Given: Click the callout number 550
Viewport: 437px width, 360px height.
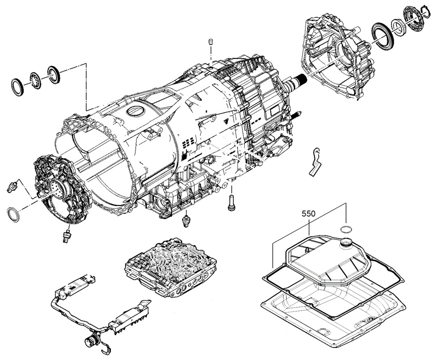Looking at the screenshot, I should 309,214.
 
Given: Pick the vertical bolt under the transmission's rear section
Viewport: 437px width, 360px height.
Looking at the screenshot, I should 231,202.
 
